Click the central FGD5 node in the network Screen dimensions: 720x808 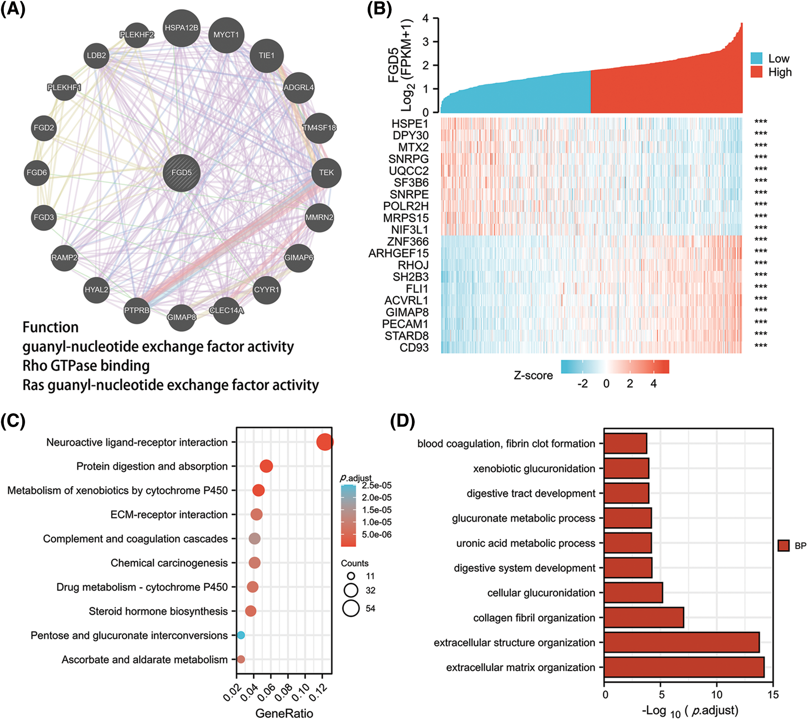click(x=181, y=173)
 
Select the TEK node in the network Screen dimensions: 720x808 click(x=326, y=173)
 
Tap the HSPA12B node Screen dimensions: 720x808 click(x=181, y=28)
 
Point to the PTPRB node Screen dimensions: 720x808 click(x=136, y=310)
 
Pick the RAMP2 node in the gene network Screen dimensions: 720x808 click(x=64, y=258)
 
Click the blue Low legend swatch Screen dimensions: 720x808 click(x=756, y=59)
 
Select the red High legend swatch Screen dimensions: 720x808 click(x=756, y=72)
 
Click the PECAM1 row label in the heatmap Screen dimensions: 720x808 click(x=405, y=324)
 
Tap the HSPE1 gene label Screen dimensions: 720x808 click(x=410, y=124)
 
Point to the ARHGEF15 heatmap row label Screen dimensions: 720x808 click(x=398, y=254)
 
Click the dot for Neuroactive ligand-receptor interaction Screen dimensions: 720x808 click(x=325, y=442)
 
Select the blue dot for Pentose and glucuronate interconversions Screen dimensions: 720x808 click(x=241, y=635)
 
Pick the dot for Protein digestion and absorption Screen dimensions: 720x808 click(x=266, y=466)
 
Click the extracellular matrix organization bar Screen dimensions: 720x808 click(x=683, y=667)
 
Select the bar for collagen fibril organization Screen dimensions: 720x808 click(x=644, y=618)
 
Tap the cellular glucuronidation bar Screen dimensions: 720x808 click(x=633, y=592)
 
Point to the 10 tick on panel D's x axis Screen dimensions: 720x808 click(x=717, y=694)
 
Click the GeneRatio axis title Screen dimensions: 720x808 click(x=284, y=713)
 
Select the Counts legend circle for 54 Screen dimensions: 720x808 click(x=351, y=608)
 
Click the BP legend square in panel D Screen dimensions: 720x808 click(x=783, y=545)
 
